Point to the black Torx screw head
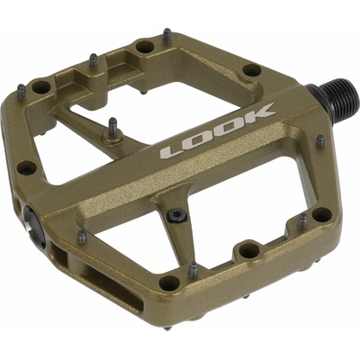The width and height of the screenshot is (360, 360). coord(175,216)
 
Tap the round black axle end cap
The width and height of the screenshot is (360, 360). coord(34,226)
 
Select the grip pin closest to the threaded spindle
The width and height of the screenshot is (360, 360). coord(320,140)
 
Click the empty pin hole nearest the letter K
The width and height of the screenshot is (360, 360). coord(252,70)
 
